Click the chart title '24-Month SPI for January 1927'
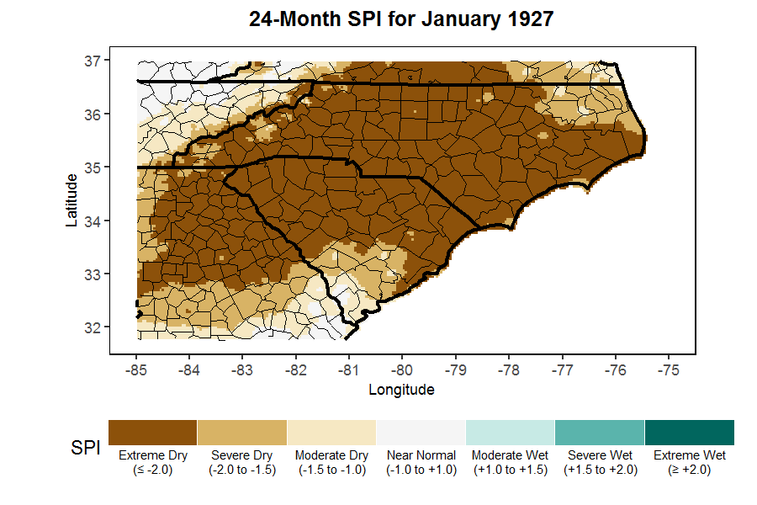(402, 19)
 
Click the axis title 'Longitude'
(402, 390)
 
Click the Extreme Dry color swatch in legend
(152, 432)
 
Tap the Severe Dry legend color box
(242, 432)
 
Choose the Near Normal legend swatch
(421, 432)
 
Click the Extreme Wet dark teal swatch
(690, 432)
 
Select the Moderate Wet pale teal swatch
(511, 432)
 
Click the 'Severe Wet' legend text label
(601, 455)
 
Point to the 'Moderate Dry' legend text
(331, 455)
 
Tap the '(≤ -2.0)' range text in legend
(152, 470)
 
